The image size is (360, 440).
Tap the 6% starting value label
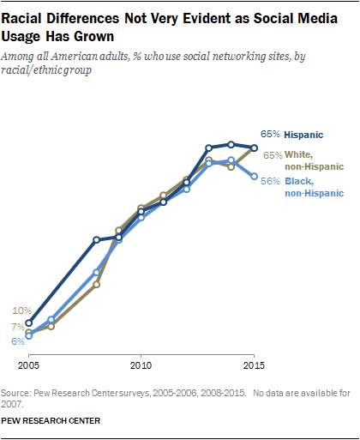[x=17, y=341]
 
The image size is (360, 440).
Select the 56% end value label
[x=271, y=182]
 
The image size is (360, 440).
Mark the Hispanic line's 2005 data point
[x=28, y=323]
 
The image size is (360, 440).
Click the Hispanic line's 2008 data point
[x=96, y=240]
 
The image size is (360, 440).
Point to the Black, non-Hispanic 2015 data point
[x=254, y=177]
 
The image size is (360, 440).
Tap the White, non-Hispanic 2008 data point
[x=96, y=284]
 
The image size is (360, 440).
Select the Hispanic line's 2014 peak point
[x=231, y=144]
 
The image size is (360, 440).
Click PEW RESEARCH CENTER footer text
[x=51, y=421]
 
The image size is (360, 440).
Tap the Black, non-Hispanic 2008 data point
[x=96, y=273]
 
